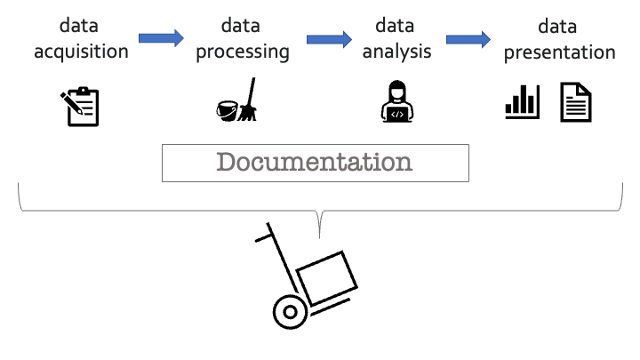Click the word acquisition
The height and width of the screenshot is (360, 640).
coord(81,51)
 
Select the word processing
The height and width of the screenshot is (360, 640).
coord(243,51)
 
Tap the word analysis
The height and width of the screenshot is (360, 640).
coord(396,51)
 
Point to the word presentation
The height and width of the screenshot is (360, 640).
coord(559,52)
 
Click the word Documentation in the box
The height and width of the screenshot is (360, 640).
coord(315,162)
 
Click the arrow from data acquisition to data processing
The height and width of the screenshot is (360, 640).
coord(161,38)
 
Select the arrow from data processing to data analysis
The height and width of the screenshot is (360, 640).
coord(328,38)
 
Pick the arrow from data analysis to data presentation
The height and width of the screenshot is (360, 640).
coord(468,38)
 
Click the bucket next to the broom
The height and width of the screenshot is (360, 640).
coord(228,109)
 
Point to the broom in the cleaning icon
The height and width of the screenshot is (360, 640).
coord(248,100)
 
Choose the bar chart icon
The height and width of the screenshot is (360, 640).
coord(522,101)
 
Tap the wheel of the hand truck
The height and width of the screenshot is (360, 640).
coord(289,312)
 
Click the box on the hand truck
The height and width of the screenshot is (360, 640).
coord(326,276)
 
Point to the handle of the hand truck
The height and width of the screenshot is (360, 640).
coord(264,237)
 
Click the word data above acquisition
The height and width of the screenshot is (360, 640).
coord(81,26)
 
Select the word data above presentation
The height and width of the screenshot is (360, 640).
coord(559,27)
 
